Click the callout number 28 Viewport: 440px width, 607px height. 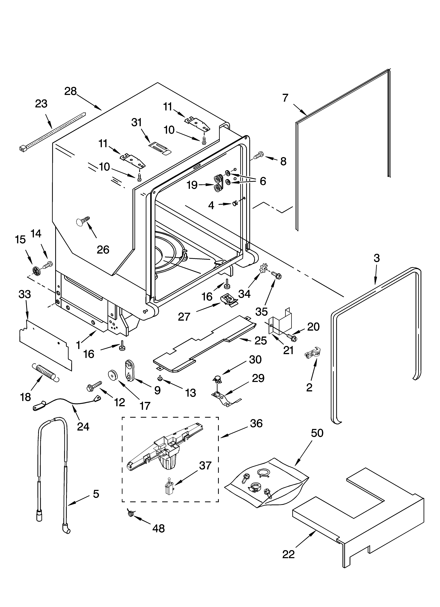[70, 92]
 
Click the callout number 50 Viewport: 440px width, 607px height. [317, 433]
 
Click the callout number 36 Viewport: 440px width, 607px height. [256, 423]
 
